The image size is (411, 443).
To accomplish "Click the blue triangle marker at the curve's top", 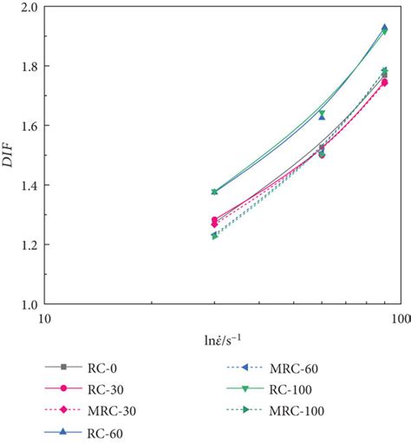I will tap(384, 28).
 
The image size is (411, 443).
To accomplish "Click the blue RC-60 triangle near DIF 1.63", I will tap(322, 116).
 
